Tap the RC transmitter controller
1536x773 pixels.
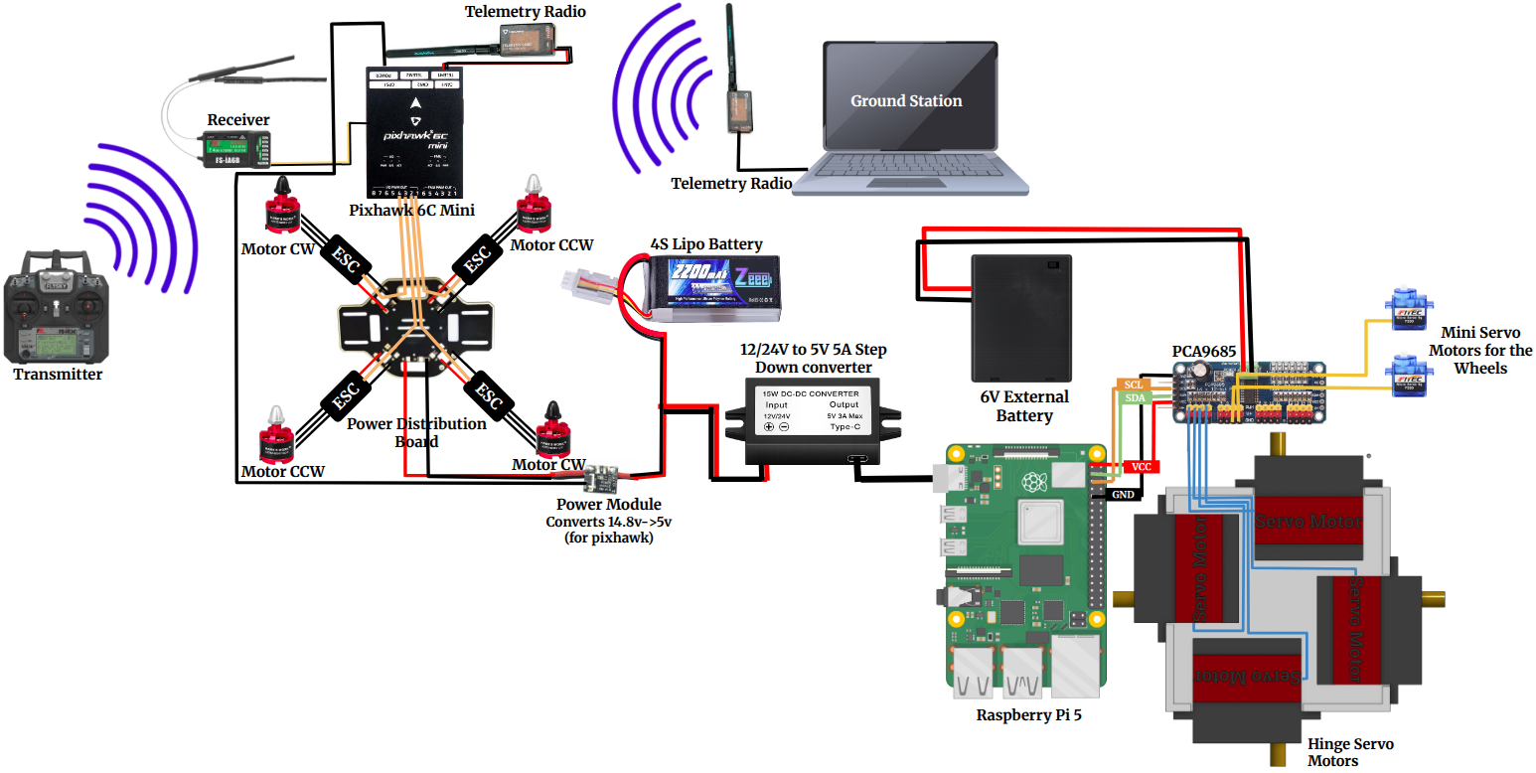(x=57, y=315)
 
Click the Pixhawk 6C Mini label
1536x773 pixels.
(x=411, y=210)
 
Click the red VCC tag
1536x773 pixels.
(x=1142, y=466)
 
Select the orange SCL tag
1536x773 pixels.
(x=1132, y=384)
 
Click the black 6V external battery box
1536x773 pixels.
(x=1022, y=318)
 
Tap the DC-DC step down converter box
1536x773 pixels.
(x=825, y=422)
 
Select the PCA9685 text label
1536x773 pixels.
(x=1203, y=351)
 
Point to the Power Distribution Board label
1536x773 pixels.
(x=416, y=432)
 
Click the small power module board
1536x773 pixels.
(x=602, y=480)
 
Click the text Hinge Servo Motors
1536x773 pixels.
(x=1350, y=752)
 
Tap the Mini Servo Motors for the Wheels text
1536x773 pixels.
(x=1479, y=351)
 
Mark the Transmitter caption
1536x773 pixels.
(x=58, y=375)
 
